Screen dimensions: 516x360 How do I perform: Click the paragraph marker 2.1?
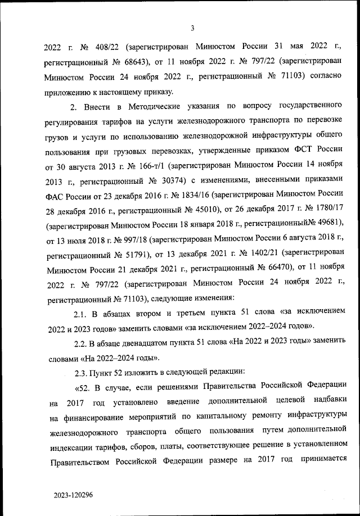point(84,311)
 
